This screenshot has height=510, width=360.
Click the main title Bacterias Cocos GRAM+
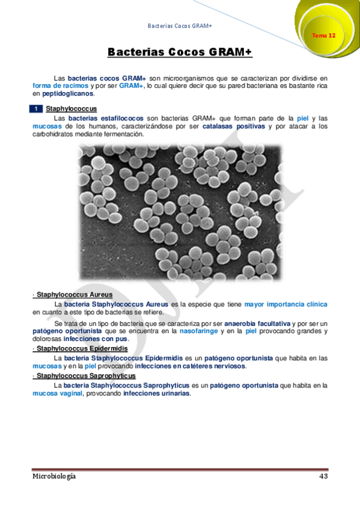180,53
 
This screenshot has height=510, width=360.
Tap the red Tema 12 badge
323,35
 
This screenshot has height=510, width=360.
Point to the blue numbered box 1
37,109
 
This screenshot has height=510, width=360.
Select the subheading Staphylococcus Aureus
70,295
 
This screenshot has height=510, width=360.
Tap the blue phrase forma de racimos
56,86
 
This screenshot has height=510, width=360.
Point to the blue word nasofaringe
199,331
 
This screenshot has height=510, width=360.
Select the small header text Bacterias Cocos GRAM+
179,26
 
